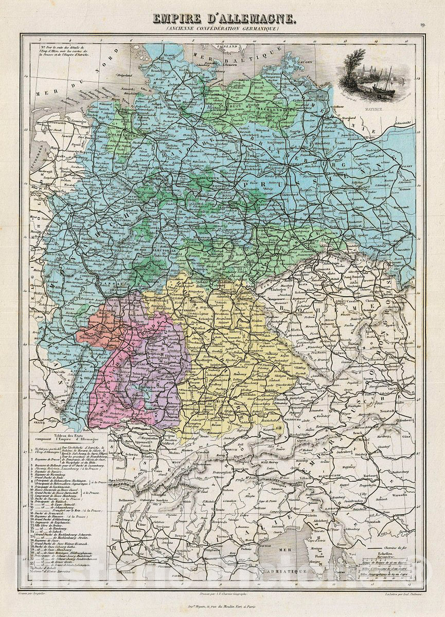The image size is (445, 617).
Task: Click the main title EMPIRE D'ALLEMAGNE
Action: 223,20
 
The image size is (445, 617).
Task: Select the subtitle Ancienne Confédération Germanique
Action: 223,30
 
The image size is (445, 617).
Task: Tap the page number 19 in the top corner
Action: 422,24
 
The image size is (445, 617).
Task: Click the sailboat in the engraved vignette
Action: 383,85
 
